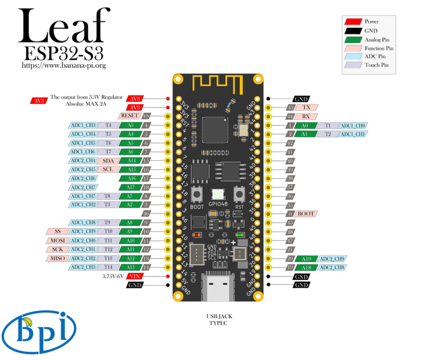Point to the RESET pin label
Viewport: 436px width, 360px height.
130,115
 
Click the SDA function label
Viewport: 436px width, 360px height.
108,160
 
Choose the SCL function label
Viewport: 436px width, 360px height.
108,169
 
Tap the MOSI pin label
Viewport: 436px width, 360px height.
58,240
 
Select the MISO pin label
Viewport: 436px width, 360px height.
58,258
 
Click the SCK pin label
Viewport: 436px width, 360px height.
58,249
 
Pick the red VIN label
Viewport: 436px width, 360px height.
136,276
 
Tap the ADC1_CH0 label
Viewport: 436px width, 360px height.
353,125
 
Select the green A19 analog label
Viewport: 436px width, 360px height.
306,258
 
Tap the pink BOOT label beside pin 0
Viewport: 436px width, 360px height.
306,214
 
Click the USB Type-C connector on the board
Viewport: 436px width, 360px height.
218,288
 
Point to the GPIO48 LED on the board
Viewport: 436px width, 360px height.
218,194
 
